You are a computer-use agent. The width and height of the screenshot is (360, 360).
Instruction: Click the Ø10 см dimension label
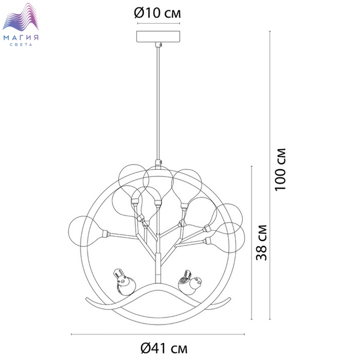(x=157, y=13)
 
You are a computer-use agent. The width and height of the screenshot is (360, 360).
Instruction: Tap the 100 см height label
(x=281, y=169)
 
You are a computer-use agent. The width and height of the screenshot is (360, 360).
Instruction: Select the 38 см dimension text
(x=261, y=242)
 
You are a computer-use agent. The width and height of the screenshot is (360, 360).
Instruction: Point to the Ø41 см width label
(x=164, y=348)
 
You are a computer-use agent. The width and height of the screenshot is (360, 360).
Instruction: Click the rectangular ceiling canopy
(x=158, y=37)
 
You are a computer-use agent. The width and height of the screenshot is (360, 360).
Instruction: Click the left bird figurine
(x=124, y=282)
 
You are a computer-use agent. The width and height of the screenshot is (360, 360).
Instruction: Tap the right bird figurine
(x=190, y=282)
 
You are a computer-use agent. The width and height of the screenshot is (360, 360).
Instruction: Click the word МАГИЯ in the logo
(x=21, y=38)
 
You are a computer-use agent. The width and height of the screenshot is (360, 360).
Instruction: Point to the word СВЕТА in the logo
(x=21, y=45)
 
